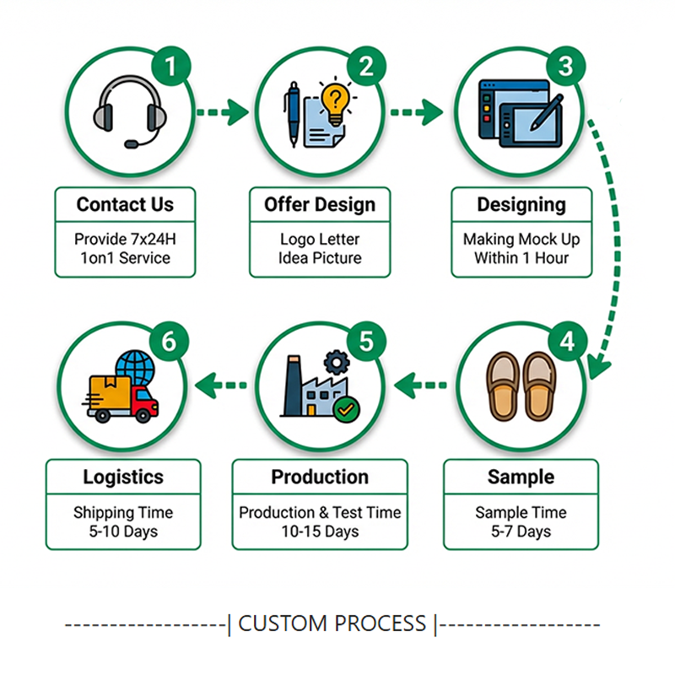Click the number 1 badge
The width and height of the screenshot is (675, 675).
point(170,67)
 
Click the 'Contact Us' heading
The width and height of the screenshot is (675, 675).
point(125,204)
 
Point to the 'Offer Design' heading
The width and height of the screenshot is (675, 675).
point(320,204)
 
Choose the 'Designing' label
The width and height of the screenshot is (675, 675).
point(521,204)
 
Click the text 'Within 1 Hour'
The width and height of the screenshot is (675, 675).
point(521,258)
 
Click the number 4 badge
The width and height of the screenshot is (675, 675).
point(566,342)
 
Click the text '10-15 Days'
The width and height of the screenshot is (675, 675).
point(320,532)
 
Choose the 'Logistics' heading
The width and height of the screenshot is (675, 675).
point(123,477)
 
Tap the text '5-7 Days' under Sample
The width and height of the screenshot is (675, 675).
point(521,532)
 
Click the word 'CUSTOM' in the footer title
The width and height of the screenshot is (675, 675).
point(283,624)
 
